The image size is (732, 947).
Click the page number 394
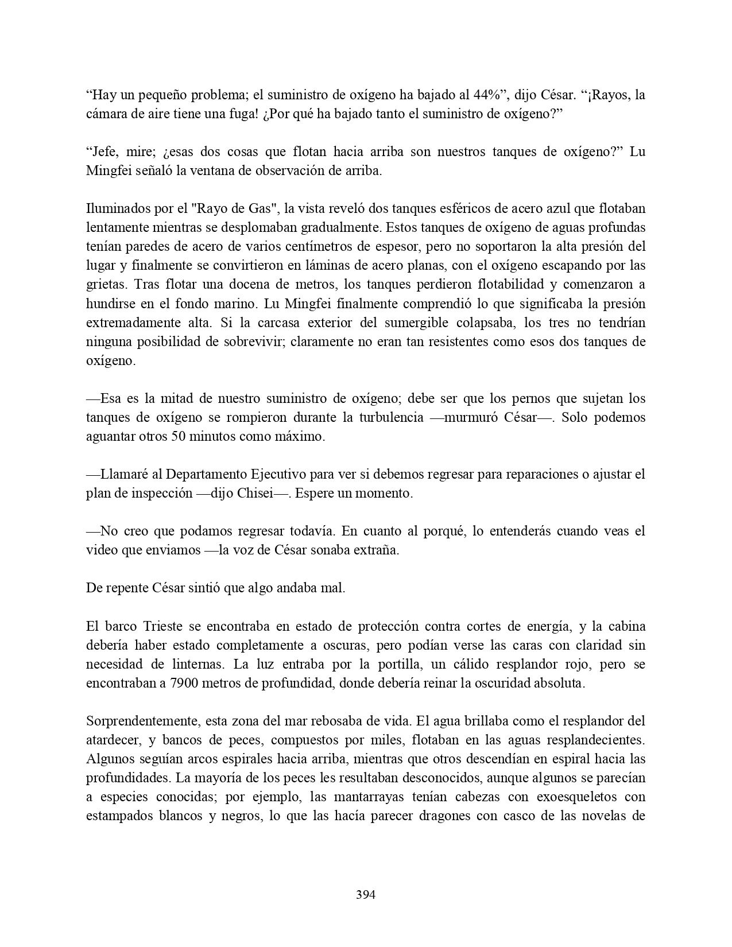(366, 894)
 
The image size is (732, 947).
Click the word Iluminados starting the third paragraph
(115, 209)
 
